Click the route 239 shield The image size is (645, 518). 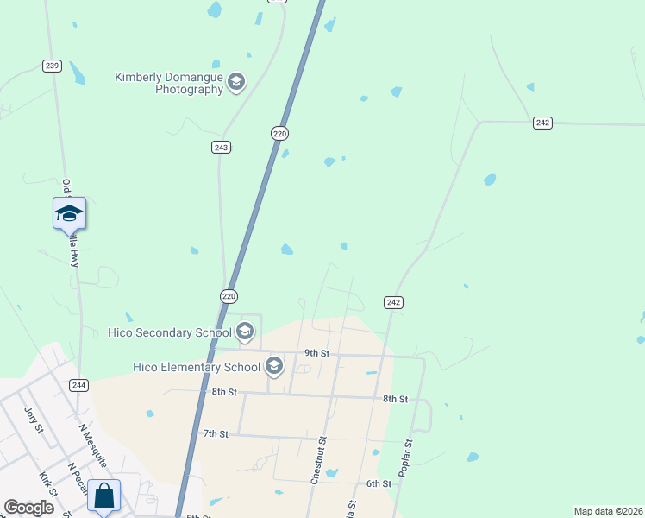[x=52, y=66]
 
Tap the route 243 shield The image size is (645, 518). [x=221, y=148]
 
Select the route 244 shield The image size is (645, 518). [x=79, y=385]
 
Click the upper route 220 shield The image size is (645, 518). [x=279, y=133]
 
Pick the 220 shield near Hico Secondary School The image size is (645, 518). [x=229, y=295]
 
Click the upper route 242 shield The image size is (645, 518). [x=542, y=123]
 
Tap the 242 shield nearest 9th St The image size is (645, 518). [x=393, y=302]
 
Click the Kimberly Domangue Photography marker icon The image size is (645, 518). [x=236, y=83]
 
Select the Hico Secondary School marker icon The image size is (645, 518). [x=244, y=332]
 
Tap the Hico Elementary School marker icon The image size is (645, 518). [x=274, y=367]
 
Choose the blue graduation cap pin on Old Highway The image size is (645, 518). [x=69, y=214]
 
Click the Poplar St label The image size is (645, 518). [x=405, y=456]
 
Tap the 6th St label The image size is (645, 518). [x=379, y=483]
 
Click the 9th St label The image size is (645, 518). [x=317, y=353]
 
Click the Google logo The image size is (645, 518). [x=28, y=508]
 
